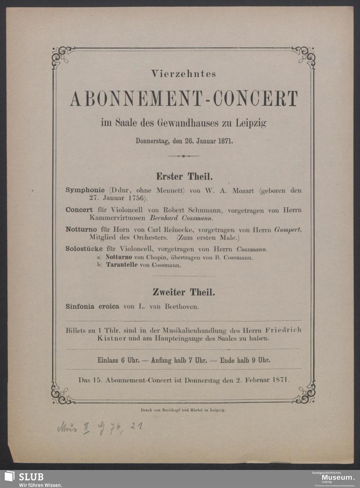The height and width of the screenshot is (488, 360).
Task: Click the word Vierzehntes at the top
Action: tap(184, 74)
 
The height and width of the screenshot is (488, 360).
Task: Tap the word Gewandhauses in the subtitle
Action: tap(188, 123)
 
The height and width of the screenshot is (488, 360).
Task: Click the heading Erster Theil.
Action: tap(184, 176)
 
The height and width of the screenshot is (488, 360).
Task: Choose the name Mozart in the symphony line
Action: tap(243, 190)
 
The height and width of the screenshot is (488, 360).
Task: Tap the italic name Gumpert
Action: tap(287, 230)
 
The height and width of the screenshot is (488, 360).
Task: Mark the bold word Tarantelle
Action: tap(122, 265)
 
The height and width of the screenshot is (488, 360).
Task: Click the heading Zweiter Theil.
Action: tap(184, 292)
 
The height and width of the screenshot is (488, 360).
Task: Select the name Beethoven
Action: tap(181, 307)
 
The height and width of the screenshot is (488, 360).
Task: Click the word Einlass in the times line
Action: tap(108, 360)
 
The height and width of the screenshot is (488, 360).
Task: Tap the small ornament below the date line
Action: tap(183, 156)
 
